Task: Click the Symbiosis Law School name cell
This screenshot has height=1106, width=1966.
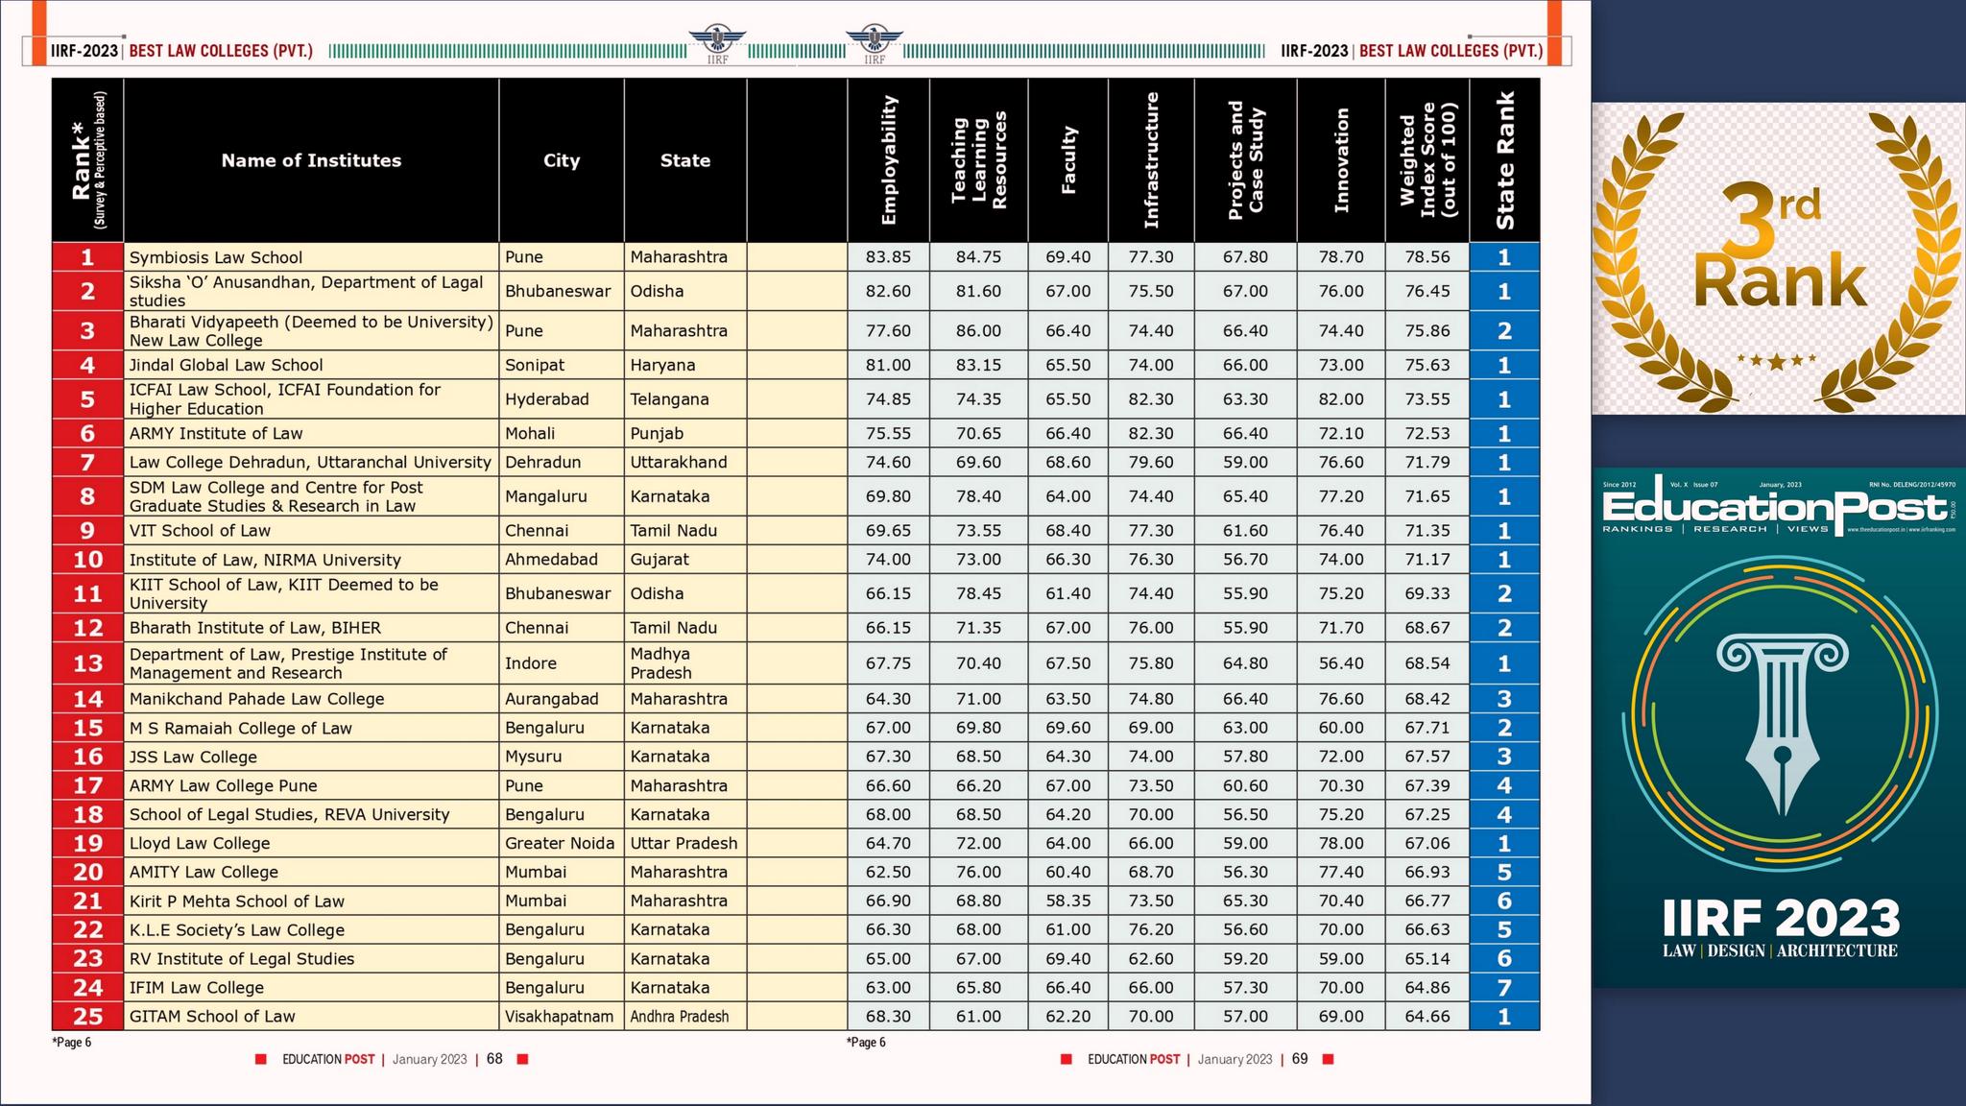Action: click(x=216, y=257)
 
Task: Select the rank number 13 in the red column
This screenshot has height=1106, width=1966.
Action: click(x=87, y=663)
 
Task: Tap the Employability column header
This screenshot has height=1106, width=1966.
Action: click(x=888, y=160)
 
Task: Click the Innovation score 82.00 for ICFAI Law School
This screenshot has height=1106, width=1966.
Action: click(x=1340, y=399)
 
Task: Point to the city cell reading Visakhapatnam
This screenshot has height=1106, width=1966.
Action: click(x=559, y=1016)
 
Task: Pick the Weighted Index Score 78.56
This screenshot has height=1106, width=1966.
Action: click(x=1427, y=257)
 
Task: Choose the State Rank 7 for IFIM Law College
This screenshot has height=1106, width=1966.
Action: click(x=1503, y=987)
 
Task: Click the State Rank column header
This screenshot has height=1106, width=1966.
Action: click(x=1504, y=160)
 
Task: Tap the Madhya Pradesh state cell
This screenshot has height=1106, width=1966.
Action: click(x=660, y=663)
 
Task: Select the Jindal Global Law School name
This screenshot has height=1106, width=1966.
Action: click(x=227, y=365)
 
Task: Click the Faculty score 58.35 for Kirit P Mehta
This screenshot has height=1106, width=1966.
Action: click(x=1067, y=901)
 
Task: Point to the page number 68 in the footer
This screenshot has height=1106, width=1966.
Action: click(x=494, y=1059)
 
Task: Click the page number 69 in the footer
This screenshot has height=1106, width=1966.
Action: click(x=1300, y=1059)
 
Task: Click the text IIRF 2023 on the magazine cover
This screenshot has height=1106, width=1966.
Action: click(x=1781, y=918)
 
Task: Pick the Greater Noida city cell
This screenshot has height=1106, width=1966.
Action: click(x=560, y=843)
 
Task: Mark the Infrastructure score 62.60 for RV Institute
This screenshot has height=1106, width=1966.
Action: click(x=1150, y=958)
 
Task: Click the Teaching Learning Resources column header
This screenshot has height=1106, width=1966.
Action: click(x=978, y=160)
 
